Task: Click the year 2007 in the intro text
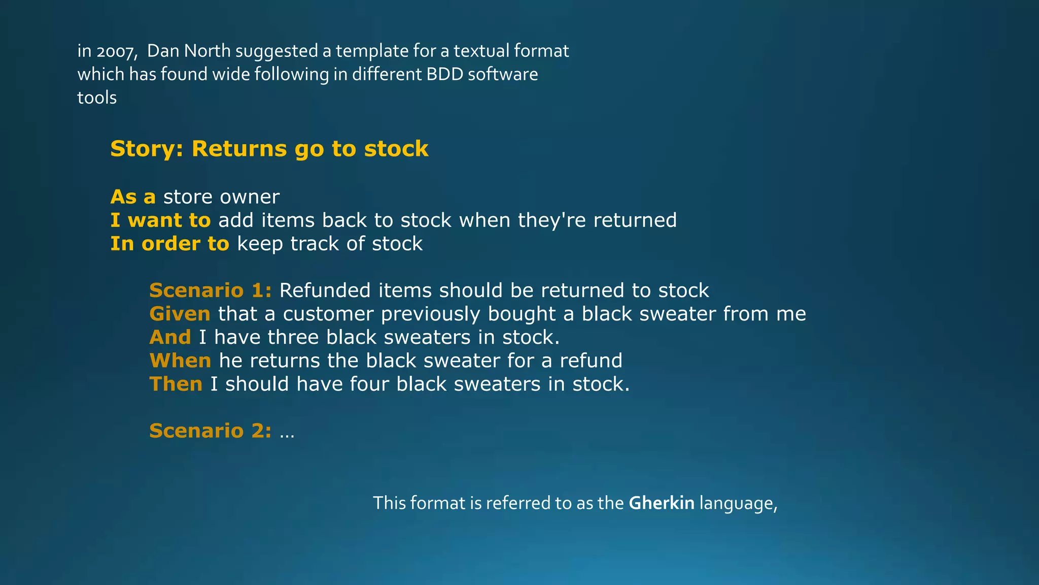click(116, 51)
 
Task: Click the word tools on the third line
click(97, 97)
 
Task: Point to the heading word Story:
click(147, 149)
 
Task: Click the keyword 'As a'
click(133, 197)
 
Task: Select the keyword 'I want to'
click(160, 220)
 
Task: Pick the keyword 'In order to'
click(170, 244)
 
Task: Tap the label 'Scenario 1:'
click(210, 290)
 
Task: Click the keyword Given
click(180, 314)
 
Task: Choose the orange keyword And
click(170, 337)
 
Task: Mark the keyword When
click(180, 361)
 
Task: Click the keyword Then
click(176, 384)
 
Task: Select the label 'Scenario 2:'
click(210, 431)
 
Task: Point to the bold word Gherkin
click(661, 503)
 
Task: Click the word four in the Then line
click(369, 384)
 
